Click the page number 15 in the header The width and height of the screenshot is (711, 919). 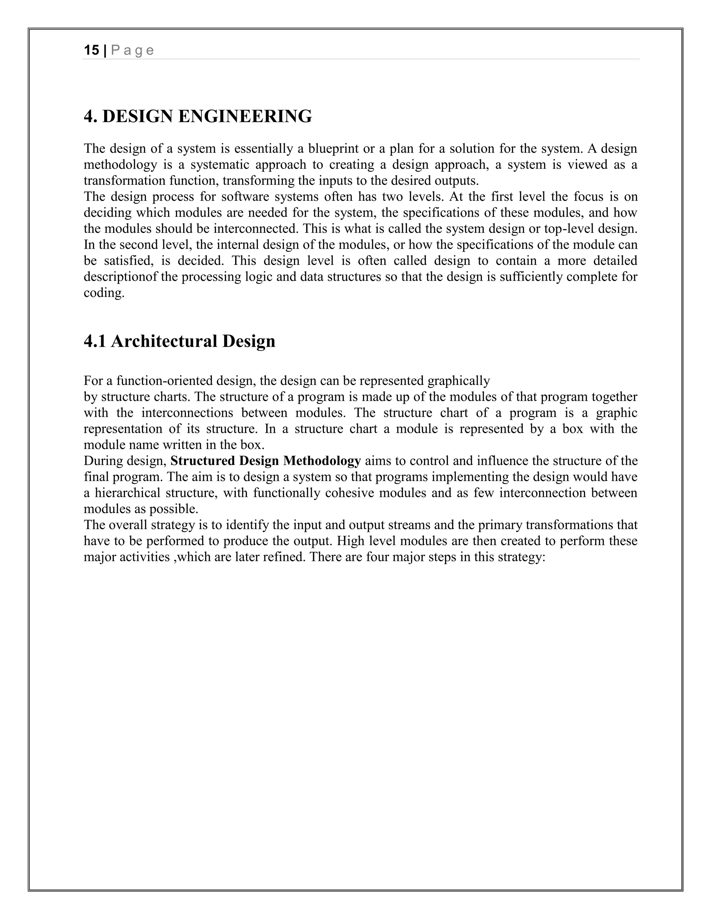tap(91, 51)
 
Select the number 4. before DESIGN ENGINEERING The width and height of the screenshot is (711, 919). tap(91, 116)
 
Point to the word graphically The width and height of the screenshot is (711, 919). tap(459, 381)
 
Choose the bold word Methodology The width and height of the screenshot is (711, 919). tap(322, 461)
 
